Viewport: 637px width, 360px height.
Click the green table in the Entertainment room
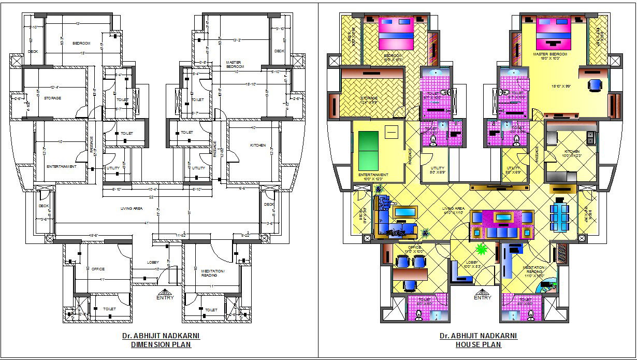[x=368, y=149]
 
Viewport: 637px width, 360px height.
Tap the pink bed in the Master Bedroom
[x=553, y=33]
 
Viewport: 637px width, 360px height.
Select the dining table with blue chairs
[x=560, y=214]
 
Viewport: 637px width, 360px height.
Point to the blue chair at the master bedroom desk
[x=595, y=84]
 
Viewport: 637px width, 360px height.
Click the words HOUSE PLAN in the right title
[x=478, y=344]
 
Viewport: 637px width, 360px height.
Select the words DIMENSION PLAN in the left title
[x=161, y=344]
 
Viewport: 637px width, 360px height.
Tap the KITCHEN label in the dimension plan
[x=257, y=145]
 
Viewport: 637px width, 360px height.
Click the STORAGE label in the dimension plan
[x=53, y=98]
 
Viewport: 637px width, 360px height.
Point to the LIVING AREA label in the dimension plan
[x=132, y=209]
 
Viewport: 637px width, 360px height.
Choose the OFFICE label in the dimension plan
[x=98, y=269]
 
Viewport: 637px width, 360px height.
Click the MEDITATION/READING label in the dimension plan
[x=213, y=273]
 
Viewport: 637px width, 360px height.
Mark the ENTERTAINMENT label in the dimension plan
[x=62, y=167]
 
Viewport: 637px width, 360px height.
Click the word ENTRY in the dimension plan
[x=165, y=297]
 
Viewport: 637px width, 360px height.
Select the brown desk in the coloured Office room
[x=409, y=273]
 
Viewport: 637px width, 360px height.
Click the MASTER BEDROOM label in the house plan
[x=550, y=54]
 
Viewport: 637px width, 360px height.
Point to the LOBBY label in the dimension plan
[x=153, y=263]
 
